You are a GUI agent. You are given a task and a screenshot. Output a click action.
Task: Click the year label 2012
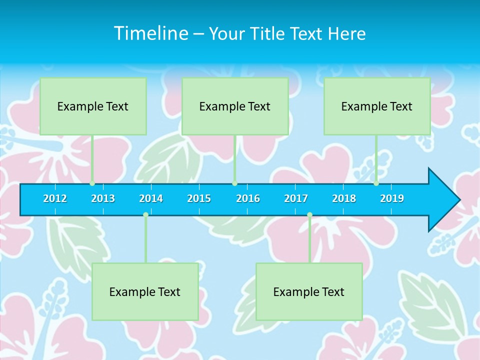click(x=55, y=198)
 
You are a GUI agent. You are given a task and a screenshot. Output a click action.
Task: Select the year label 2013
click(x=103, y=198)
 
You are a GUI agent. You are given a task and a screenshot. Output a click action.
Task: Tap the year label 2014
click(x=151, y=198)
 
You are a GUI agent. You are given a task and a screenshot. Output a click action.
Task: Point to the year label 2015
click(x=199, y=198)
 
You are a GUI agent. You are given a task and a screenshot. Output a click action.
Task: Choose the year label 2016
click(x=248, y=198)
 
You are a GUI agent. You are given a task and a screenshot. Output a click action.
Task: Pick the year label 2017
click(x=296, y=198)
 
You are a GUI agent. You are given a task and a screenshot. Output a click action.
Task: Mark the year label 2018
click(x=344, y=198)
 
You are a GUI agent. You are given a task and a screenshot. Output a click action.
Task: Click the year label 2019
click(x=392, y=198)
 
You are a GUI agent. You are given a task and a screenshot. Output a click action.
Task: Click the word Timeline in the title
click(x=150, y=33)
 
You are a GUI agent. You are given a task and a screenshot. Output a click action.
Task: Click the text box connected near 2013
click(x=93, y=106)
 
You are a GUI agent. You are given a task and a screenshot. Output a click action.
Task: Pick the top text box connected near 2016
click(x=235, y=106)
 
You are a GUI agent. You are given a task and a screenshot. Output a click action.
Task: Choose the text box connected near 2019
click(x=377, y=106)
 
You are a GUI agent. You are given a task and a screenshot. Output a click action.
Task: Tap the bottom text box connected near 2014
click(x=145, y=291)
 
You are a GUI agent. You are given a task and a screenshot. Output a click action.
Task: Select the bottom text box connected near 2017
click(x=309, y=291)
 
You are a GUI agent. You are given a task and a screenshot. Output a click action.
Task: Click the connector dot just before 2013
click(x=92, y=183)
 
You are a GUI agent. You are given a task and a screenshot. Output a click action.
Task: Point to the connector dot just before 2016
click(x=234, y=183)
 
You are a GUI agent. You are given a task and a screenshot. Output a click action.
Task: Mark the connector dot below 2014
click(x=145, y=214)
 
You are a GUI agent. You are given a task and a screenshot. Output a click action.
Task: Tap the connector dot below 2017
click(x=309, y=214)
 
